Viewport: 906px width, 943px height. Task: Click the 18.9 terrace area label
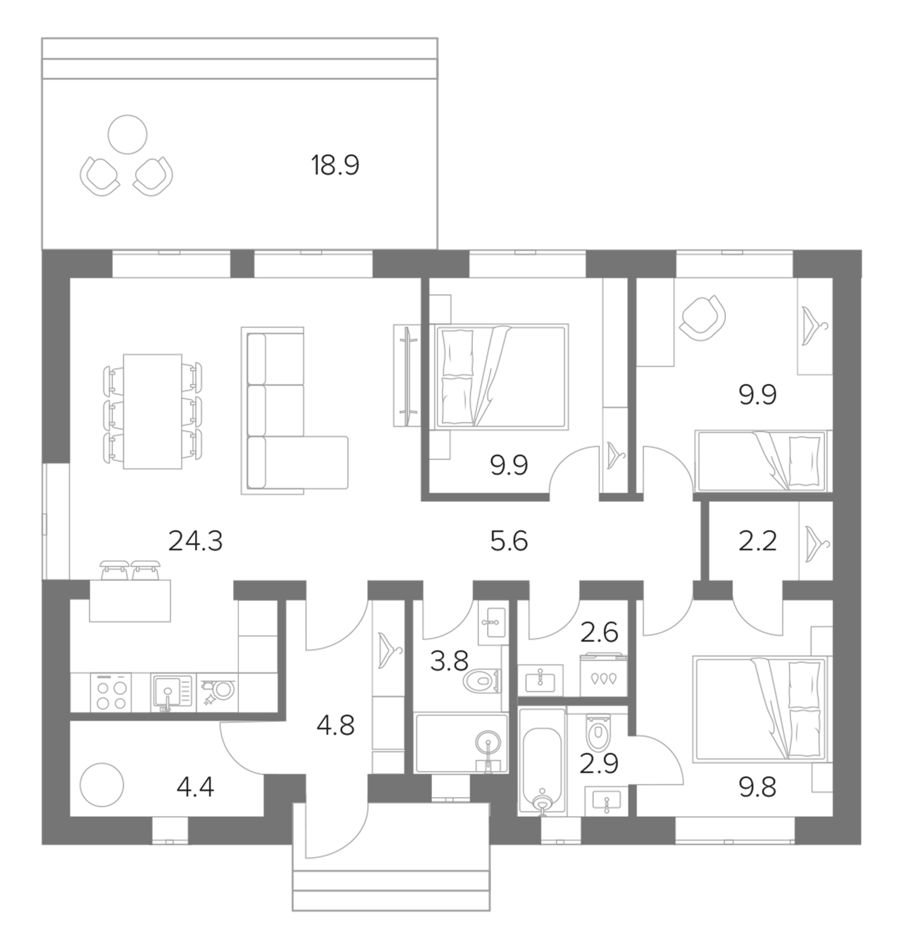tap(335, 166)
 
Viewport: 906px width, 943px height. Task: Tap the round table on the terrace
tap(127, 134)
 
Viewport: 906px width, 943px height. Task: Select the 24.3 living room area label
tap(195, 542)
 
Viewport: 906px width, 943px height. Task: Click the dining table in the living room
tap(153, 411)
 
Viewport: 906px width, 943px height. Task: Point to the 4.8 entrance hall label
tap(335, 726)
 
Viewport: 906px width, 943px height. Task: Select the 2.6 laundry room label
tap(599, 632)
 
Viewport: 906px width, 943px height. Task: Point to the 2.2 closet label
tap(758, 542)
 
